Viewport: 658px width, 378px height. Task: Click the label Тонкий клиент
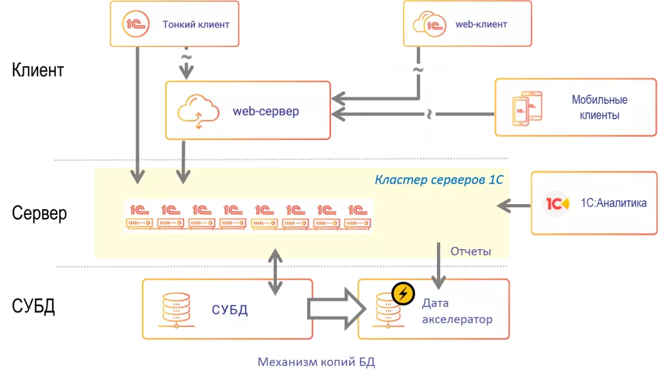(196, 25)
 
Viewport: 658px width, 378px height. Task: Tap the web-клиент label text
(481, 24)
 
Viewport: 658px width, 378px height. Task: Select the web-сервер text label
(265, 112)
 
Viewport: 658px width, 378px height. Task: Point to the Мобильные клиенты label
(600, 108)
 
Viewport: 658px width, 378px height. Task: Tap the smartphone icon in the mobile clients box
(526, 107)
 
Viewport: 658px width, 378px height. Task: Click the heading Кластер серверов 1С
(439, 180)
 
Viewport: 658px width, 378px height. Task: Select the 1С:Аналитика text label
(612, 203)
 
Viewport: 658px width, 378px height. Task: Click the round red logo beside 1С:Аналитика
(556, 203)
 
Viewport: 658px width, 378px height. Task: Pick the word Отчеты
(471, 252)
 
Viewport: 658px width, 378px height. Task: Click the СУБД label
(230, 311)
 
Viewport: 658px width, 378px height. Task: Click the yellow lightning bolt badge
(403, 293)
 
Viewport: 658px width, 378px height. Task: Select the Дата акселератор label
(457, 311)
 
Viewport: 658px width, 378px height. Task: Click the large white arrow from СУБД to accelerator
(335, 309)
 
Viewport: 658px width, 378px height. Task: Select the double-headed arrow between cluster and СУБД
(276, 271)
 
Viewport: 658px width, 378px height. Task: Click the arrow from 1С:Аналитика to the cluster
(514, 205)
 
